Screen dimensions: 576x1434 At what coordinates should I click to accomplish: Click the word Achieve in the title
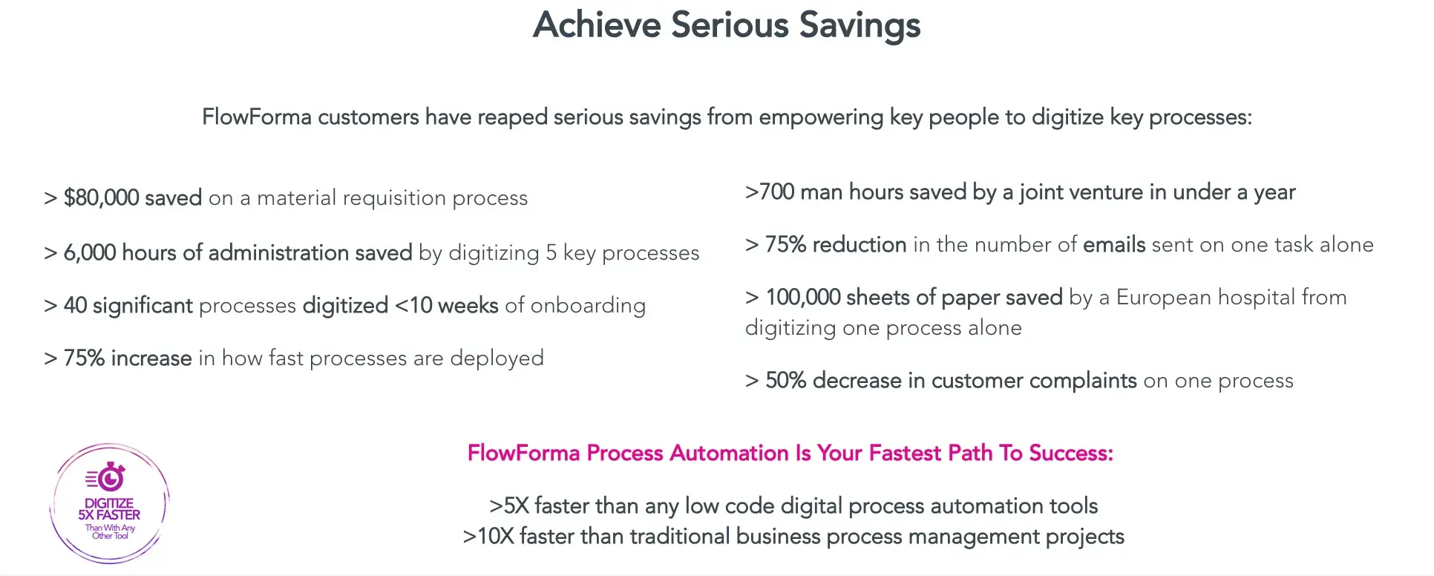597,25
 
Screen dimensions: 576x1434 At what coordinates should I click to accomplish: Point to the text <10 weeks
446,305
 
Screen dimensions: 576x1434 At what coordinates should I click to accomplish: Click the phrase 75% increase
128,358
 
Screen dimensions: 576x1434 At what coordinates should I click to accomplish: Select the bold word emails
1114,244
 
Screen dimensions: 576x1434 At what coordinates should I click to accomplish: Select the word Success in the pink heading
1070,453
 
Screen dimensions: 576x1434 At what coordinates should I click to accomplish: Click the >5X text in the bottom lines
509,505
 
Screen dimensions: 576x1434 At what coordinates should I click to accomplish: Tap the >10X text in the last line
488,536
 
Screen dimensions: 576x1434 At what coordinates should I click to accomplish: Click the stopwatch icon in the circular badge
110,477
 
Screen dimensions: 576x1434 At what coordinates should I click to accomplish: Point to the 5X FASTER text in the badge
109,514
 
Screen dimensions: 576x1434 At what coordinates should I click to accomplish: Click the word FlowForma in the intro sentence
257,117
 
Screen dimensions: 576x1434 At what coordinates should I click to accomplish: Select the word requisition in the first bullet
394,197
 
